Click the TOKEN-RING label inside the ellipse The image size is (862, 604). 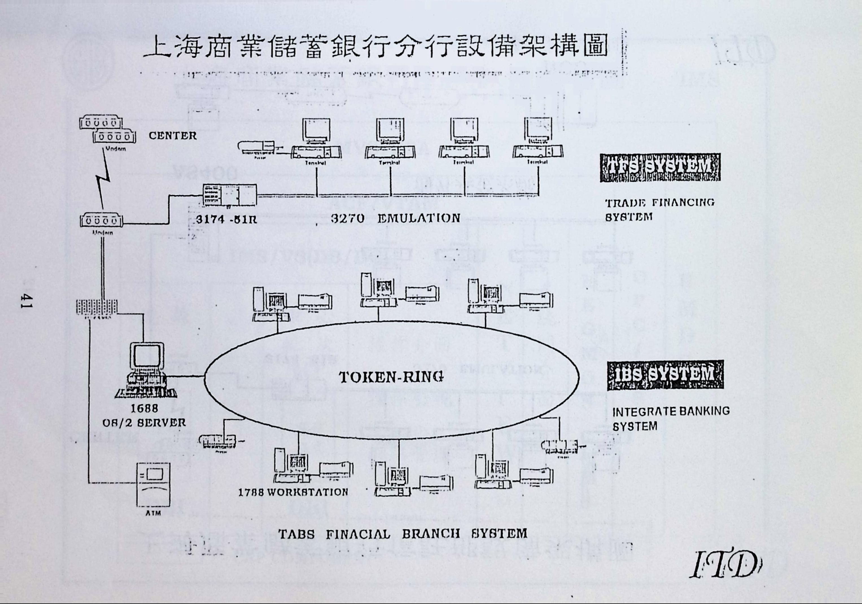click(x=391, y=377)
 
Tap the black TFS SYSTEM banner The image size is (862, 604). click(x=660, y=167)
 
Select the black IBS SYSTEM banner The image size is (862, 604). click(x=665, y=375)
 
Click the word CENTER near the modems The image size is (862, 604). click(x=172, y=135)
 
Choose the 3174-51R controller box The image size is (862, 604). click(x=229, y=195)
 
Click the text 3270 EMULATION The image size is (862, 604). click(x=395, y=218)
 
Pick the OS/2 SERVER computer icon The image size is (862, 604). click(x=146, y=370)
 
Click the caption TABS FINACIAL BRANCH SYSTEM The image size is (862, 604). click(x=402, y=534)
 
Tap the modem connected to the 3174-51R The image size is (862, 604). click(x=101, y=221)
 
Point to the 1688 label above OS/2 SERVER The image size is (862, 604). click(x=144, y=408)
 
